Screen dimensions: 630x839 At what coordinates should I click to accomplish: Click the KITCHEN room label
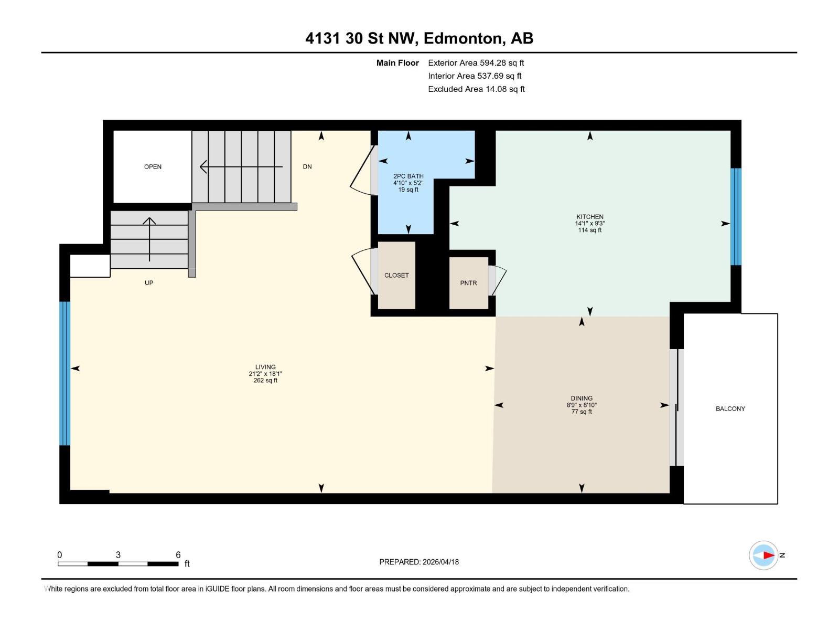pyautogui.click(x=589, y=216)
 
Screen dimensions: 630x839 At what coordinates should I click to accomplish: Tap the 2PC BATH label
pyautogui.click(x=408, y=176)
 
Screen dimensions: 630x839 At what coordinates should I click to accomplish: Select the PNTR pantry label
pyautogui.click(x=468, y=283)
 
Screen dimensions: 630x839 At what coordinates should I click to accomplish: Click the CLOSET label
pyautogui.click(x=396, y=275)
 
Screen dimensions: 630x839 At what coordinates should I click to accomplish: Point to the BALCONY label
pyautogui.click(x=730, y=408)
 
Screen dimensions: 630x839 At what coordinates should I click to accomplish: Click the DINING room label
pyautogui.click(x=582, y=398)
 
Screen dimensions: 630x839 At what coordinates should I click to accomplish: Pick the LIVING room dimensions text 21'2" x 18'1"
pyautogui.click(x=265, y=374)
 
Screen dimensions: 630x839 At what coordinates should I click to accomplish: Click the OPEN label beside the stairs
pyautogui.click(x=153, y=166)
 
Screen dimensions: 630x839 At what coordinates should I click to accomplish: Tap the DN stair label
pyautogui.click(x=307, y=166)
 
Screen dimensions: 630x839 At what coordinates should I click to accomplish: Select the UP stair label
pyautogui.click(x=149, y=283)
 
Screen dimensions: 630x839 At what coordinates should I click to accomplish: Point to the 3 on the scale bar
pyautogui.click(x=118, y=555)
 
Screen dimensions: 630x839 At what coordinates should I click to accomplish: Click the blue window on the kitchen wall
pyautogui.click(x=736, y=216)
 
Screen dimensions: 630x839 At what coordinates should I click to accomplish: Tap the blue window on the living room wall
pyautogui.click(x=64, y=373)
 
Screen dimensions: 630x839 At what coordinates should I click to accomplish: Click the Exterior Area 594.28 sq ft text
pyautogui.click(x=476, y=63)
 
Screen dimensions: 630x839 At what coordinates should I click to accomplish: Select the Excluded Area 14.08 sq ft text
pyautogui.click(x=476, y=89)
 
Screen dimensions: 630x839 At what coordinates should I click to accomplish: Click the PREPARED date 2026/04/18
pyautogui.click(x=439, y=562)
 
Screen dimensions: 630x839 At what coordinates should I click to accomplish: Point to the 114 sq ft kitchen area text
pyautogui.click(x=589, y=230)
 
